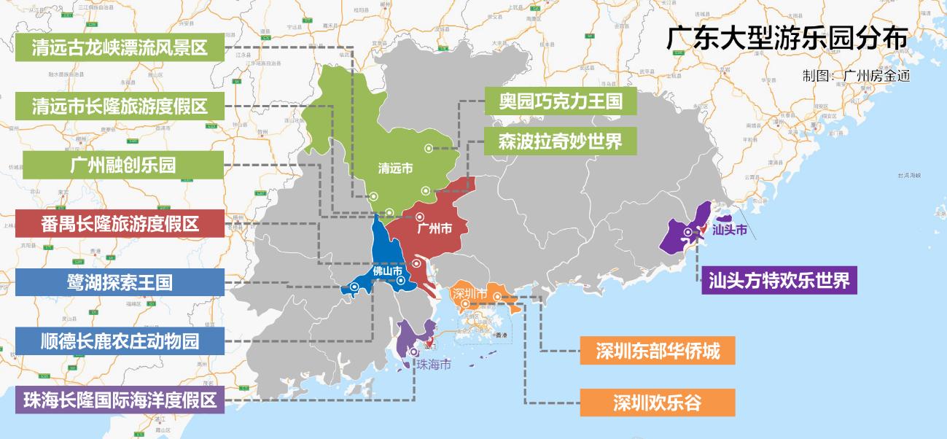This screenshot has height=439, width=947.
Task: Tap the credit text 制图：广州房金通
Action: (856, 75)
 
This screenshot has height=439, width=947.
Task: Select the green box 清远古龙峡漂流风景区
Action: (120, 48)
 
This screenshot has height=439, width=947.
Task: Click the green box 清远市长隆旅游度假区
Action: (120, 106)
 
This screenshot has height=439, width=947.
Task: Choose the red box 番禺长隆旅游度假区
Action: (120, 222)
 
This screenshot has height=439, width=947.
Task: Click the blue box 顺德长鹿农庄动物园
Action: (120, 341)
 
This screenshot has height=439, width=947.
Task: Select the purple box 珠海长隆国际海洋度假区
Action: (120, 400)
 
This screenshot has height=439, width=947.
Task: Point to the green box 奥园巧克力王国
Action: (561, 101)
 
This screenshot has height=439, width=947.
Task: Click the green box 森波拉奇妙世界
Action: (561, 141)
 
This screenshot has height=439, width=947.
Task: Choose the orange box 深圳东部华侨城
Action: (657, 351)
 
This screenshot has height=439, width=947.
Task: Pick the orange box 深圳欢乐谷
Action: (657, 402)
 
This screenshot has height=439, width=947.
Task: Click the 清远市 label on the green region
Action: (396, 168)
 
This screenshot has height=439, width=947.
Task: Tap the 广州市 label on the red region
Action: (435, 228)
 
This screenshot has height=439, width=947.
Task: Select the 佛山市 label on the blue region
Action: (388, 272)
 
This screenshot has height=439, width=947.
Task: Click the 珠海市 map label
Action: (433, 364)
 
